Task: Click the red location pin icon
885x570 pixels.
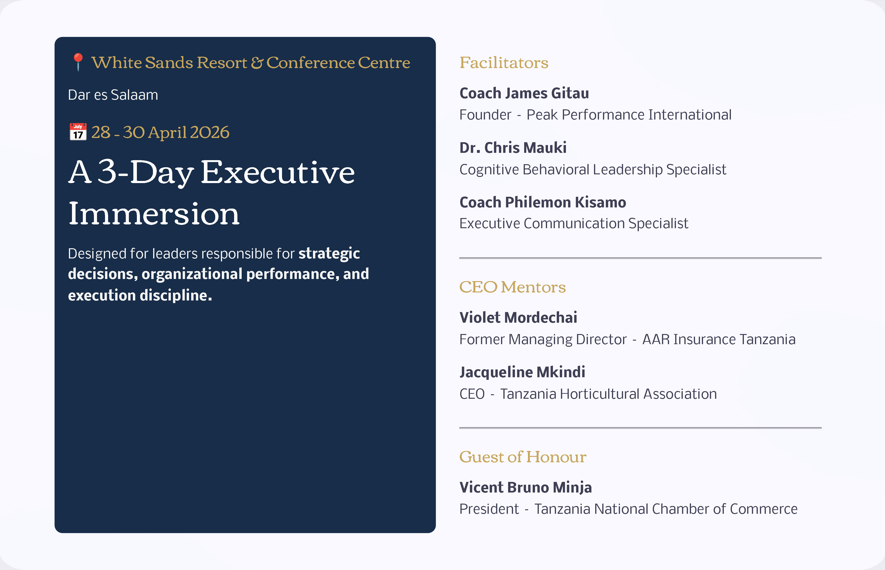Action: (x=78, y=62)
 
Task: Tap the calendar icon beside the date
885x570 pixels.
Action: (x=78, y=132)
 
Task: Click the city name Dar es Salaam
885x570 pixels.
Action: (x=113, y=95)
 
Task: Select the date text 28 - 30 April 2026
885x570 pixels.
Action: (x=160, y=132)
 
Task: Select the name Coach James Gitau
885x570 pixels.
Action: (x=524, y=93)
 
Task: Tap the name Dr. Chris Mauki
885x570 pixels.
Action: (x=513, y=148)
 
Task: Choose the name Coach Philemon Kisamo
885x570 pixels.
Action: (x=543, y=202)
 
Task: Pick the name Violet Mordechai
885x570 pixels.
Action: (x=518, y=317)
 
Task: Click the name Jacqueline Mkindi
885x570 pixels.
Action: (x=522, y=372)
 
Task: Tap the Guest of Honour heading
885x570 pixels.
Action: (x=523, y=457)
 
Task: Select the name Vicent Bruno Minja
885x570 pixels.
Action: (x=526, y=488)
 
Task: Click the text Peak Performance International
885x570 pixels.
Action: (x=629, y=115)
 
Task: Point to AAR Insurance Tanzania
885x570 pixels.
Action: (x=719, y=339)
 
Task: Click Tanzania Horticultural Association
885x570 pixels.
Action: (x=608, y=394)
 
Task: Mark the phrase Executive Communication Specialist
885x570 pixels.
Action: (x=574, y=223)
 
